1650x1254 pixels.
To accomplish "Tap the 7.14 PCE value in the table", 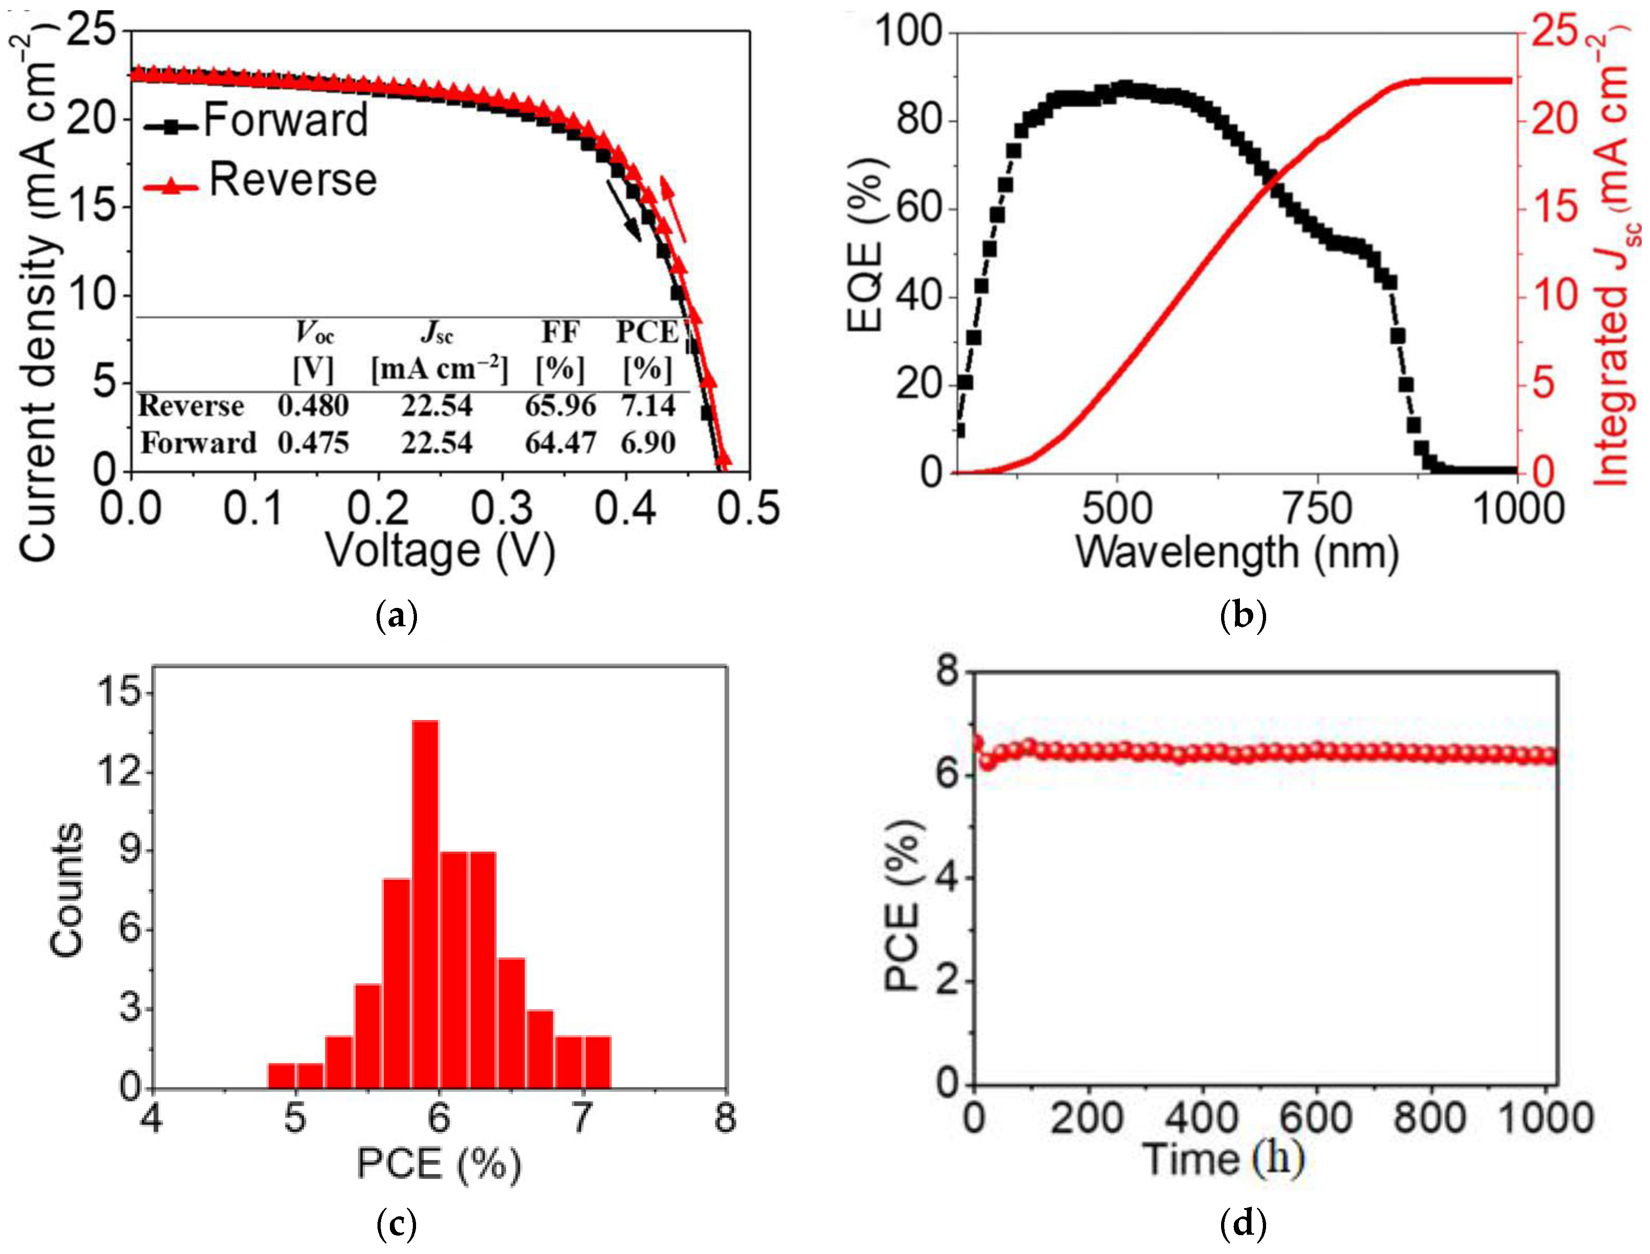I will point(648,405).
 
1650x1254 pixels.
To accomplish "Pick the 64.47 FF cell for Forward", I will point(560,444).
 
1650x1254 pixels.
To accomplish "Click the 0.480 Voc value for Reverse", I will point(313,405).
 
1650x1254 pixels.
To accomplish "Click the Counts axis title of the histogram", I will point(67,890).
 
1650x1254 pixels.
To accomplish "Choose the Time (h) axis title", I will point(1224,1160).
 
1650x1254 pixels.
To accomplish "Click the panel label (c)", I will point(396,1224).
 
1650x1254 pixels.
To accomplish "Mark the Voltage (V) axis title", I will point(440,551).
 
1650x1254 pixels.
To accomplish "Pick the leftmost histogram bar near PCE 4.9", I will point(282,1075).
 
